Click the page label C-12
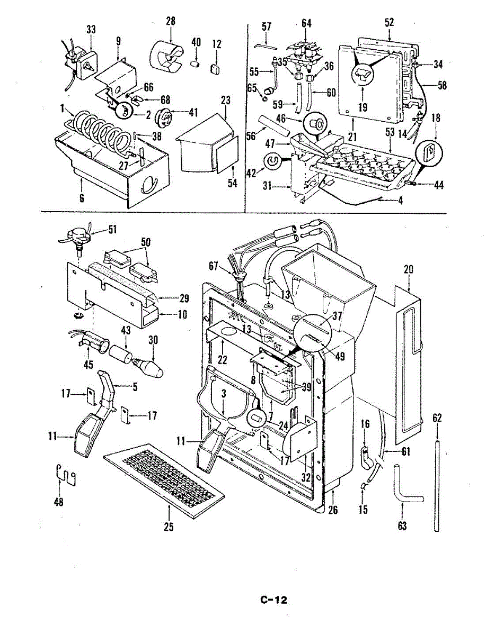click(273, 600)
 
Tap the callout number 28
click(171, 21)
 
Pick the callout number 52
click(389, 23)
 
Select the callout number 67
click(213, 266)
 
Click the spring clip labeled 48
click(66, 475)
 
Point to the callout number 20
click(409, 270)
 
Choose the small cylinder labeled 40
click(196, 63)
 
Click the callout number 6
click(82, 198)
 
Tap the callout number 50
click(145, 242)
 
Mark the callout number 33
click(91, 30)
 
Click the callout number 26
click(333, 510)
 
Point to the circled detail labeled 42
click(272, 162)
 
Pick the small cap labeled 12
click(215, 69)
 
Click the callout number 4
click(401, 201)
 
